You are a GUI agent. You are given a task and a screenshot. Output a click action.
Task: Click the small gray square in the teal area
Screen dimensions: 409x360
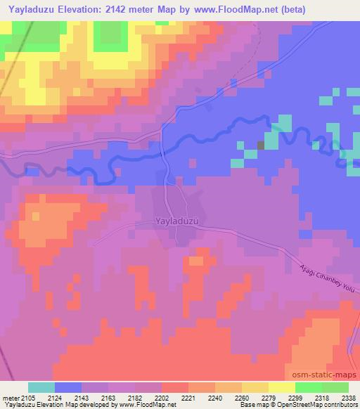click(262, 145)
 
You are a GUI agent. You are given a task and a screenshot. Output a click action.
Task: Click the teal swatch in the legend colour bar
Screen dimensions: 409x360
click(41, 387)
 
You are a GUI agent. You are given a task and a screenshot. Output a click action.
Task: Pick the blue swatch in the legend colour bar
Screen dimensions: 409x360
click(68, 387)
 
